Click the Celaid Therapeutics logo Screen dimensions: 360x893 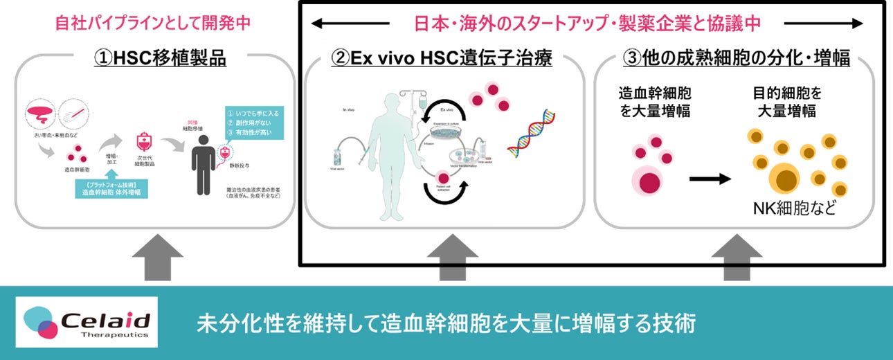point(87,322)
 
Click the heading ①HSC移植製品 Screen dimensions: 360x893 point(160,58)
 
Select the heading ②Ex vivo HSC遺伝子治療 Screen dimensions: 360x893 point(442,58)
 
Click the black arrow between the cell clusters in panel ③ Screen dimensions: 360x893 point(710,179)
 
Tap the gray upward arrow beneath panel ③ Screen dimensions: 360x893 point(737,257)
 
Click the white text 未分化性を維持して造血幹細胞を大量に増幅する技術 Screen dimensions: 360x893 point(446,323)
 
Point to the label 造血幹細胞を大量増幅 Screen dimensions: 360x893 point(649,102)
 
